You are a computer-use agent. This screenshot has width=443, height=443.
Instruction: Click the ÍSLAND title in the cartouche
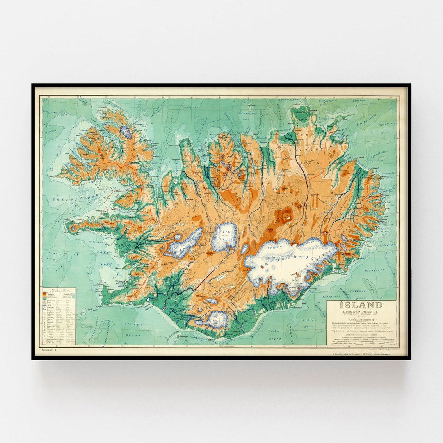click(361, 305)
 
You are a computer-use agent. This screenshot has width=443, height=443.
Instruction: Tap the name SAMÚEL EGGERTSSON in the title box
click(361, 319)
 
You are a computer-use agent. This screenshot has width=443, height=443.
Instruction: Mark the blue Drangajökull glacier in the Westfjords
click(126, 132)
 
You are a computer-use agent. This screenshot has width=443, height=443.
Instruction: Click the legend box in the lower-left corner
click(58, 315)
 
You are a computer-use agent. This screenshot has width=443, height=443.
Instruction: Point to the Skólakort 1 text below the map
click(48, 349)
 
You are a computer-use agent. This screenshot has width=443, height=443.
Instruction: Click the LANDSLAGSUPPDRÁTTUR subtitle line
click(361, 311)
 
